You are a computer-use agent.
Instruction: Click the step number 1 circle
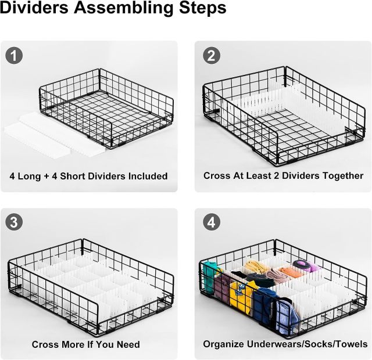(14, 56)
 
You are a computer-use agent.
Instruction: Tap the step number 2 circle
(211, 56)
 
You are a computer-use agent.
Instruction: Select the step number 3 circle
(14, 222)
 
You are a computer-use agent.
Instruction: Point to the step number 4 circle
(211, 222)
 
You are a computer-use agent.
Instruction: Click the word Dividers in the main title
(34, 8)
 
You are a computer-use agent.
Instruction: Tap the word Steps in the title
(203, 8)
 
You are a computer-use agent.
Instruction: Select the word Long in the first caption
(30, 176)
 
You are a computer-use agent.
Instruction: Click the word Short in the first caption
(72, 176)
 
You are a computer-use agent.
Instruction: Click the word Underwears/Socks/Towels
(307, 344)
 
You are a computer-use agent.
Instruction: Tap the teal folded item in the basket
(210, 276)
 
